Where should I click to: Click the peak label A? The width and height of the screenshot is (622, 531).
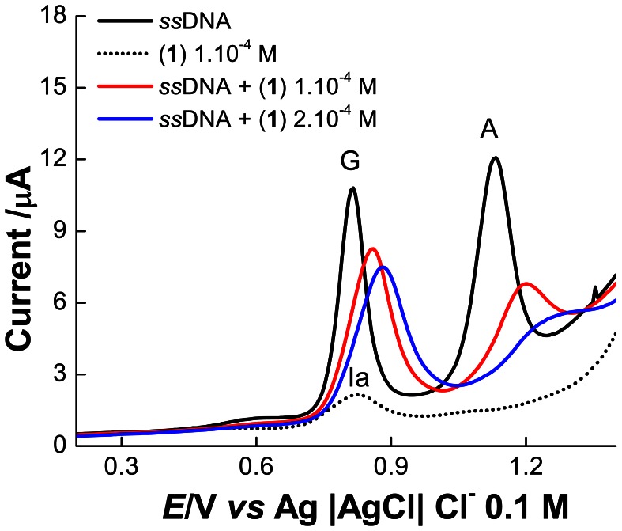(489, 131)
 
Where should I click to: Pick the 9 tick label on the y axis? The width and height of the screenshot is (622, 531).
(59, 231)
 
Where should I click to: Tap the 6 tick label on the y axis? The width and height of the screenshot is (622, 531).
(59, 302)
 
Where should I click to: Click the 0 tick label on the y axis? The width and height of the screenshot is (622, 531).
(59, 446)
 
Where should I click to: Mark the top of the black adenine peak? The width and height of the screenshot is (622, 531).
(496, 157)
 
